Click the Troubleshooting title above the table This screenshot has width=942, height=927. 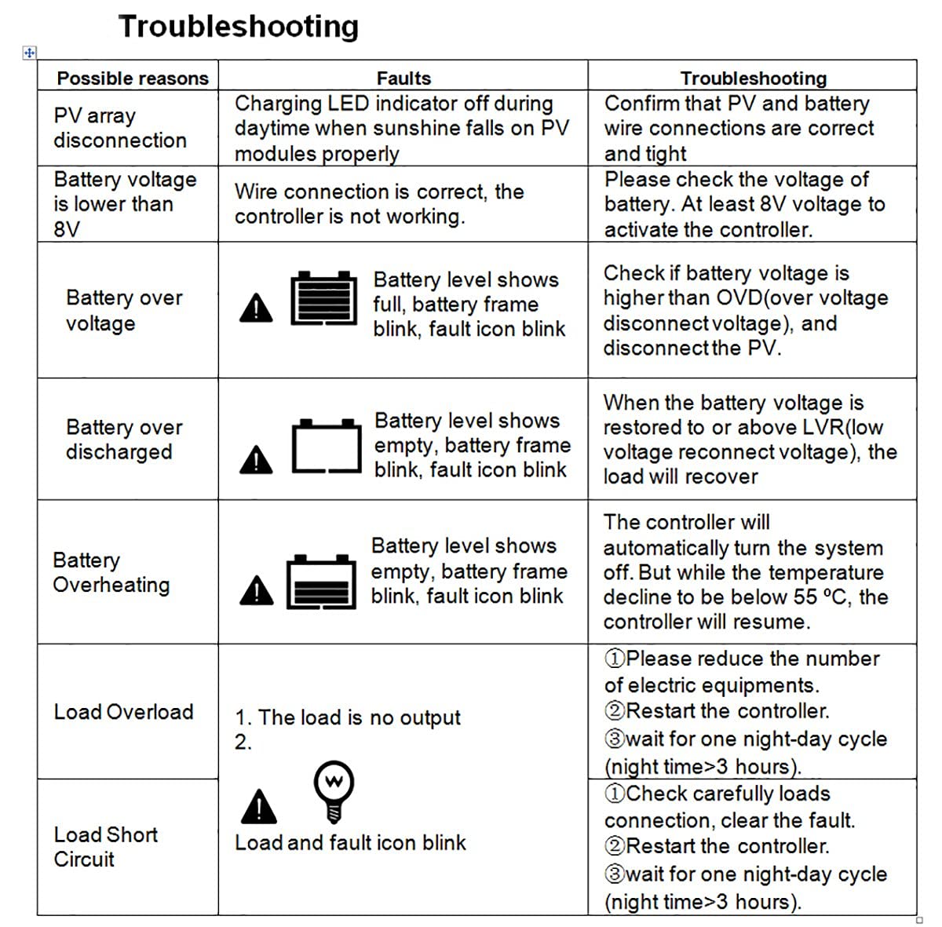click(239, 27)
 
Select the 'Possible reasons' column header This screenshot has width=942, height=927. click(133, 78)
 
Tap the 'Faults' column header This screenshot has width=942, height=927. click(403, 78)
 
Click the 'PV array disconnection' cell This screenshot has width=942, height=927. click(120, 128)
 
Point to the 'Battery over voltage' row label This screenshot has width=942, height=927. click(124, 311)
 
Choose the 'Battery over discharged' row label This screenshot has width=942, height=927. click(124, 440)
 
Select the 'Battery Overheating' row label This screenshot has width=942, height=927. click(111, 572)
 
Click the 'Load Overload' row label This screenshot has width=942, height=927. click(124, 712)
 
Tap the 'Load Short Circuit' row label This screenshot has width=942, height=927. click(106, 847)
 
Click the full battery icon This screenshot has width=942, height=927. click(323, 298)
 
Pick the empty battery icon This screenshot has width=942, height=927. click(327, 446)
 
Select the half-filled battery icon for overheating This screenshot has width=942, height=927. click(321, 582)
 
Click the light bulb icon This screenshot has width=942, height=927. click(334, 791)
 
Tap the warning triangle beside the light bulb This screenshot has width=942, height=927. click(258, 806)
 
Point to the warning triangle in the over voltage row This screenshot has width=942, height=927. click(256, 308)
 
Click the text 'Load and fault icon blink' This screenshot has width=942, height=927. click(350, 843)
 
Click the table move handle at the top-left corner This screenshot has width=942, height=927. click(29, 53)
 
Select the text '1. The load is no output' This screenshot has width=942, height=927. click(348, 717)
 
